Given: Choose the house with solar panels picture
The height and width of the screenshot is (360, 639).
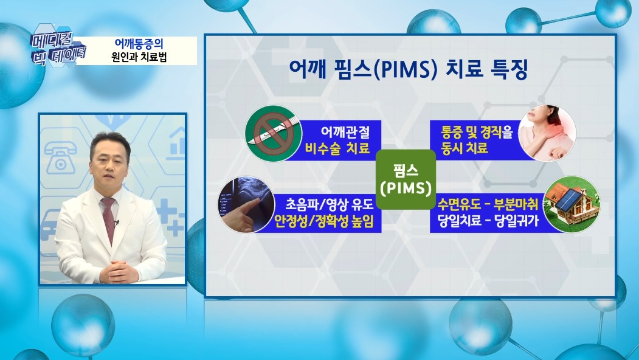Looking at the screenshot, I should coord(569,204).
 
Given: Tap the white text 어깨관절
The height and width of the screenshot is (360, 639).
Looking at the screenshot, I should coord(344,130).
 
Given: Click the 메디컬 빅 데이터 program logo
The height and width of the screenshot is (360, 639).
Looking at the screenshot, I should coord(58,44).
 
